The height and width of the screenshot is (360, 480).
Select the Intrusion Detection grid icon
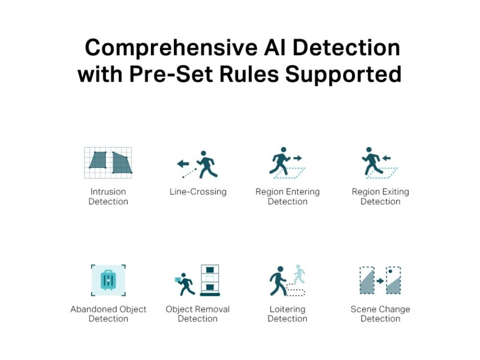[x=108, y=163]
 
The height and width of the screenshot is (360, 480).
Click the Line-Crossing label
[x=198, y=192]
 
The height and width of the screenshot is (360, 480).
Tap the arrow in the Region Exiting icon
[x=387, y=158]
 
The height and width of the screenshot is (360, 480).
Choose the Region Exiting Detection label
[x=380, y=196]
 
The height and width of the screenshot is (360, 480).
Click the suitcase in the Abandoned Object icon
[x=108, y=280]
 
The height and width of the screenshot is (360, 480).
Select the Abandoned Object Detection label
[x=108, y=314]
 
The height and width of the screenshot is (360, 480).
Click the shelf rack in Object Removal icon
[x=210, y=280]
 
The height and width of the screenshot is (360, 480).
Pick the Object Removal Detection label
[x=198, y=314]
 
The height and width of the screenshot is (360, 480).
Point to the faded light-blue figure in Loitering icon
[x=299, y=273]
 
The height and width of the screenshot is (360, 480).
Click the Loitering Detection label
[x=287, y=314]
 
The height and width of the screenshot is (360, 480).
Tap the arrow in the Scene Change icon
[x=380, y=281]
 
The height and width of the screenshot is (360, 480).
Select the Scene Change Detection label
[x=380, y=314]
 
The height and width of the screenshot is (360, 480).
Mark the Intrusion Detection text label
[x=108, y=196]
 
